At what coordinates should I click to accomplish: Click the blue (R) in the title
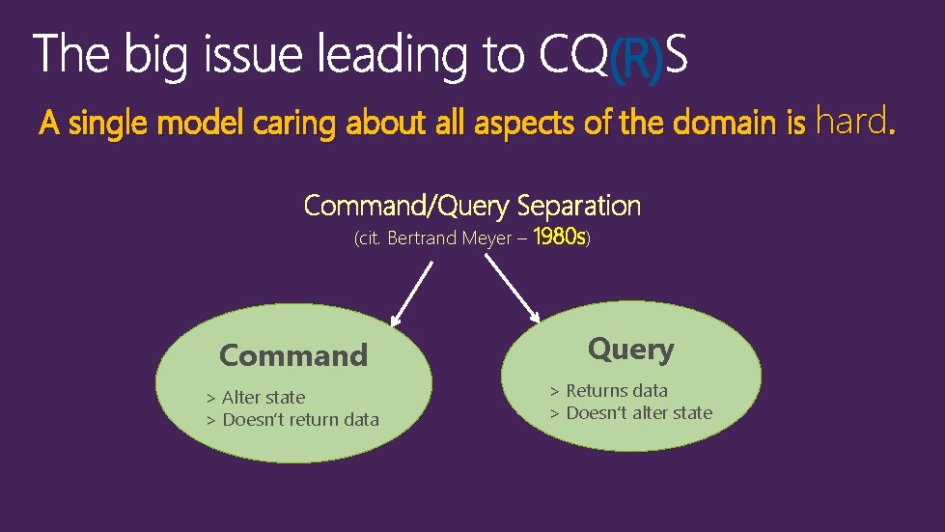point(636,59)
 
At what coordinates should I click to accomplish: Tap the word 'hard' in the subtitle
point(850,122)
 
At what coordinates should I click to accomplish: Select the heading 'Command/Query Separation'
point(472,206)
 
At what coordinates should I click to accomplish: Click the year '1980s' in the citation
point(558,237)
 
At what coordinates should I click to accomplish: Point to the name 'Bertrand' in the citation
point(423,238)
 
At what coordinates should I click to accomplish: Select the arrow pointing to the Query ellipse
point(513,289)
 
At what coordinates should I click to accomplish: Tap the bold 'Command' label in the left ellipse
point(293,355)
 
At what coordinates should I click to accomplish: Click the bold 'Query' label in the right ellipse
point(630,349)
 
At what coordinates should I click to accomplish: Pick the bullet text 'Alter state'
point(263,397)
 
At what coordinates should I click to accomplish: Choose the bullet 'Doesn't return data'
point(300,419)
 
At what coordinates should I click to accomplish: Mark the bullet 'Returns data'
point(616,390)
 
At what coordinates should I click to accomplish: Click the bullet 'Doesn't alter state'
point(638,412)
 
